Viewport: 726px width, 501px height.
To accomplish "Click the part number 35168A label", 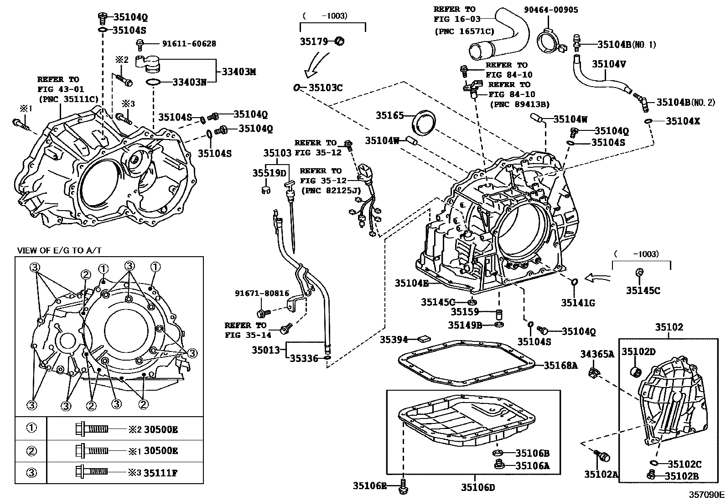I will click(560, 365).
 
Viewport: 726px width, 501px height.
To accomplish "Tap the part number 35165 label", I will click(390, 116).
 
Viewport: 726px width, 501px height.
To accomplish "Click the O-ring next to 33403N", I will click(153, 83).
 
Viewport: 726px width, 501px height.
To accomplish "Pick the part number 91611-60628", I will click(189, 44).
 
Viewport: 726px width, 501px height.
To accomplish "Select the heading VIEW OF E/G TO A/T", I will click(59, 250).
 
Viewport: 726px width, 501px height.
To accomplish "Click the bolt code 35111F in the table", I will click(160, 473).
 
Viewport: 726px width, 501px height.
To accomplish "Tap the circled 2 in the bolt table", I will click(31, 451).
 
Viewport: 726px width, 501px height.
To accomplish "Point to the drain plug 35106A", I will click(499, 465).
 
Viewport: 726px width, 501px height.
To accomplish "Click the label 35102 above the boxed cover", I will click(669, 327).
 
